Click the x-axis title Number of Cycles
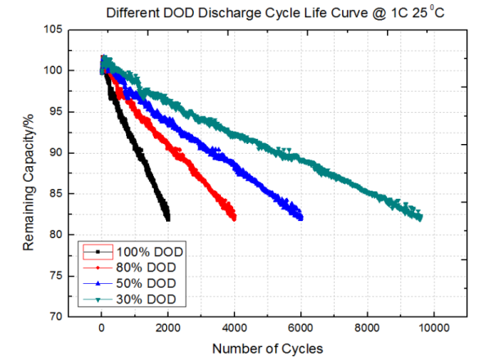[x=267, y=349]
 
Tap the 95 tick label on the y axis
[x=54, y=111]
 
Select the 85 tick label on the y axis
[x=54, y=194]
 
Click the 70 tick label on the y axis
[x=54, y=317]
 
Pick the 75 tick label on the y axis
[x=54, y=276]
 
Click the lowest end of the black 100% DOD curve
[x=168, y=218]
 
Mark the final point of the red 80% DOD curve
[x=234, y=218]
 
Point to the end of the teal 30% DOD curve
[x=420, y=217]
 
